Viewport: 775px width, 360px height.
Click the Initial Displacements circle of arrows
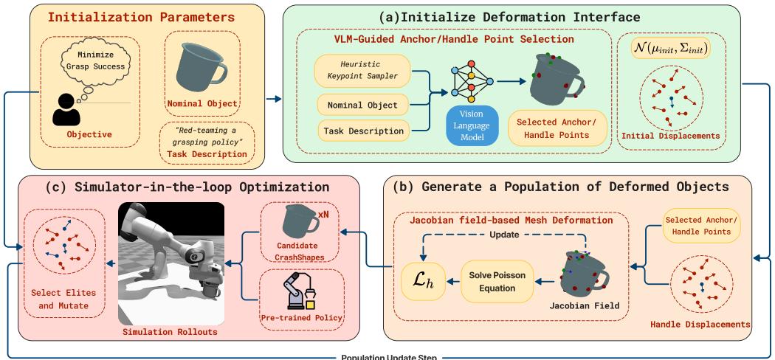[x=671, y=100]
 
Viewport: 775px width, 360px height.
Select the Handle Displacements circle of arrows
[x=700, y=281]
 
